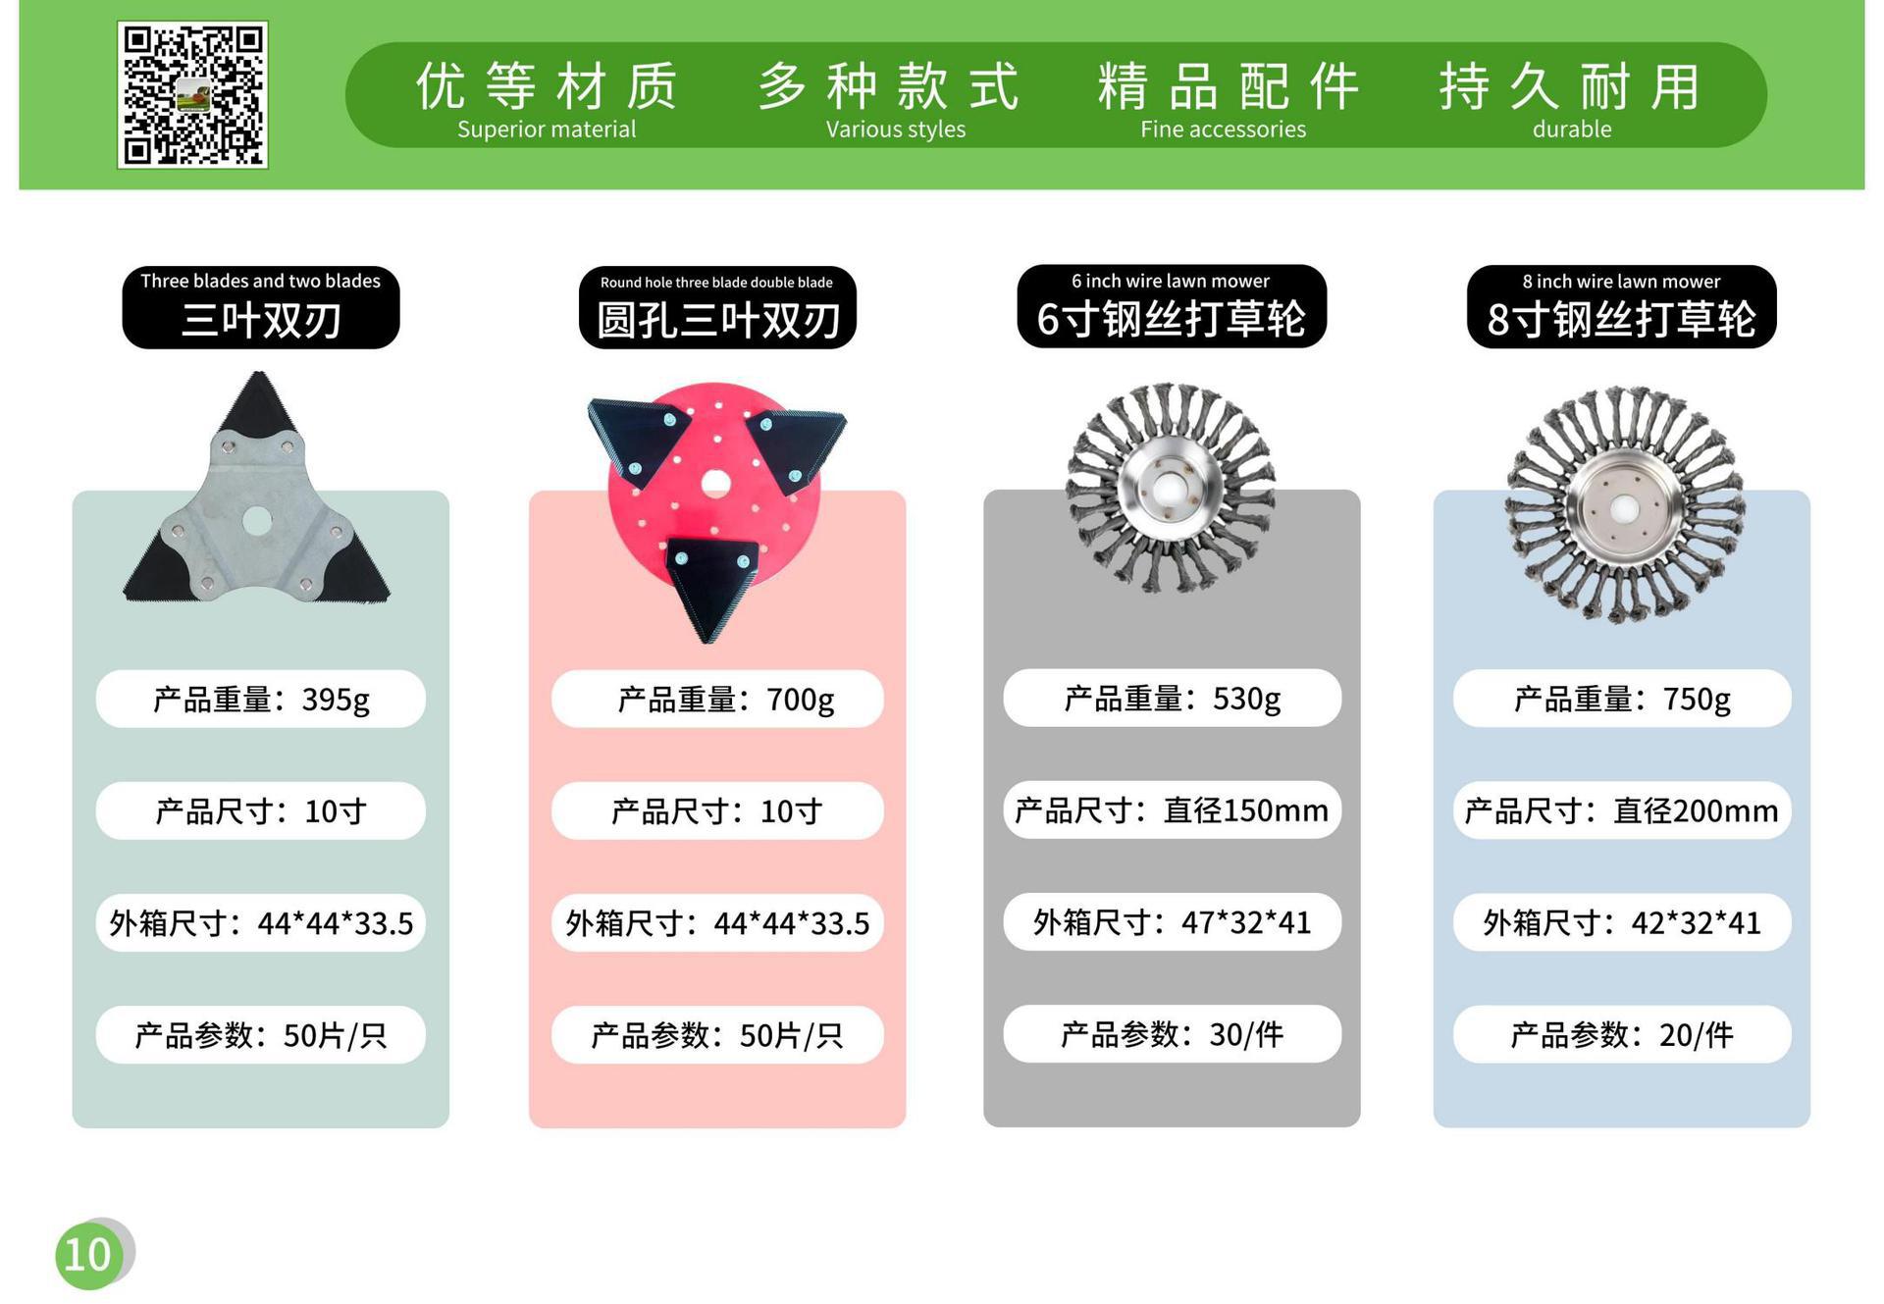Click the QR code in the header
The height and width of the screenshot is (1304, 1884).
(192, 94)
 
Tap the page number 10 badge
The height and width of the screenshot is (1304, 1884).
(90, 1254)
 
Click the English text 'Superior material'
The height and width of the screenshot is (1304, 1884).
(547, 130)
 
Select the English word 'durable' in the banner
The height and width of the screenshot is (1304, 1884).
(1572, 130)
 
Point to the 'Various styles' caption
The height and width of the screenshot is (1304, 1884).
(896, 130)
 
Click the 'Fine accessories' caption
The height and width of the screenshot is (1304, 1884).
(1223, 130)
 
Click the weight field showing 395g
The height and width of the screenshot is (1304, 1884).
(261, 699)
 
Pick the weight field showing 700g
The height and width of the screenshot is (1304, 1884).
(717, 699)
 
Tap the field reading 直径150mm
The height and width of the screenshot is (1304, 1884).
(1172, 809)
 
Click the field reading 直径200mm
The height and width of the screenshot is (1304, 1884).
(1621, 810)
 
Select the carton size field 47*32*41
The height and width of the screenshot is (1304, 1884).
(1172, 921)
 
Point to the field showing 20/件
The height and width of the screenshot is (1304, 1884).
(1621, 1034)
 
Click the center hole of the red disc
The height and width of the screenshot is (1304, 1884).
(715, 484)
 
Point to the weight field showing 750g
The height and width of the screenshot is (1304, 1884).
(1621, 699)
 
